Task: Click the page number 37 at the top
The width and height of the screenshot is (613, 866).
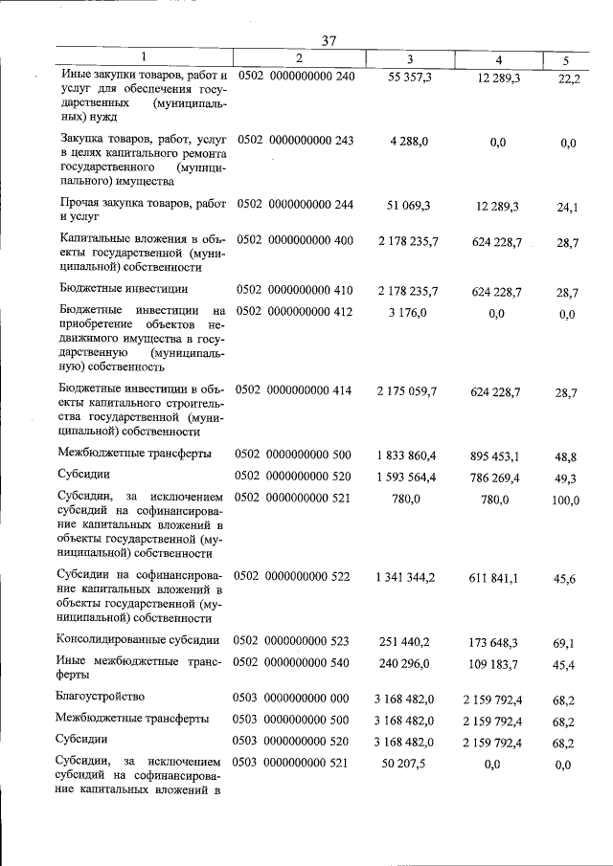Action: tap(329, 41)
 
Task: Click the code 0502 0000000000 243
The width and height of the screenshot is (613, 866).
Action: tap(295, 141)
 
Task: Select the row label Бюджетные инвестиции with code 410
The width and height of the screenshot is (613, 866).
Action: tap(122, 288)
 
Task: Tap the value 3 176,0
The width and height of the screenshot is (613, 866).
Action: tap(409, 311)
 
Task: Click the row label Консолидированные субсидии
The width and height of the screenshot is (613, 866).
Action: tap(140, 640)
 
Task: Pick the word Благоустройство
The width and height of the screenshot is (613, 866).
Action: tap(101, 696)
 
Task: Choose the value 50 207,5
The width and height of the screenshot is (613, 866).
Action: tap(409, 763)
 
